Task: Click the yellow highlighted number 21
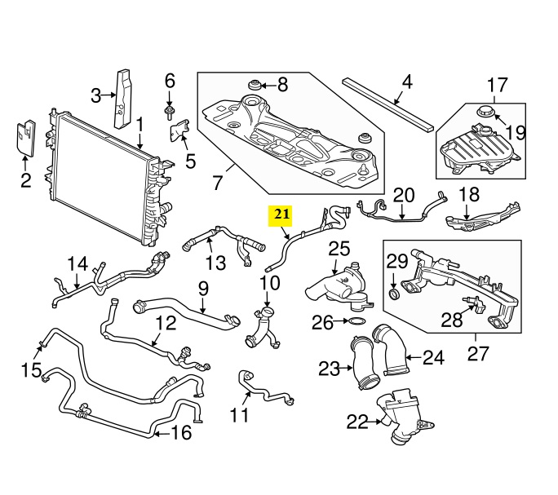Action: (281, 215)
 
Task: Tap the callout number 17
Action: (498, 84)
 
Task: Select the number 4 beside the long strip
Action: (407, 82)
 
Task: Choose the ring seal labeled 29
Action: (393, 292)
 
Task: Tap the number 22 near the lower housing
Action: (357, 421)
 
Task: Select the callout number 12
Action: (166, 324)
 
